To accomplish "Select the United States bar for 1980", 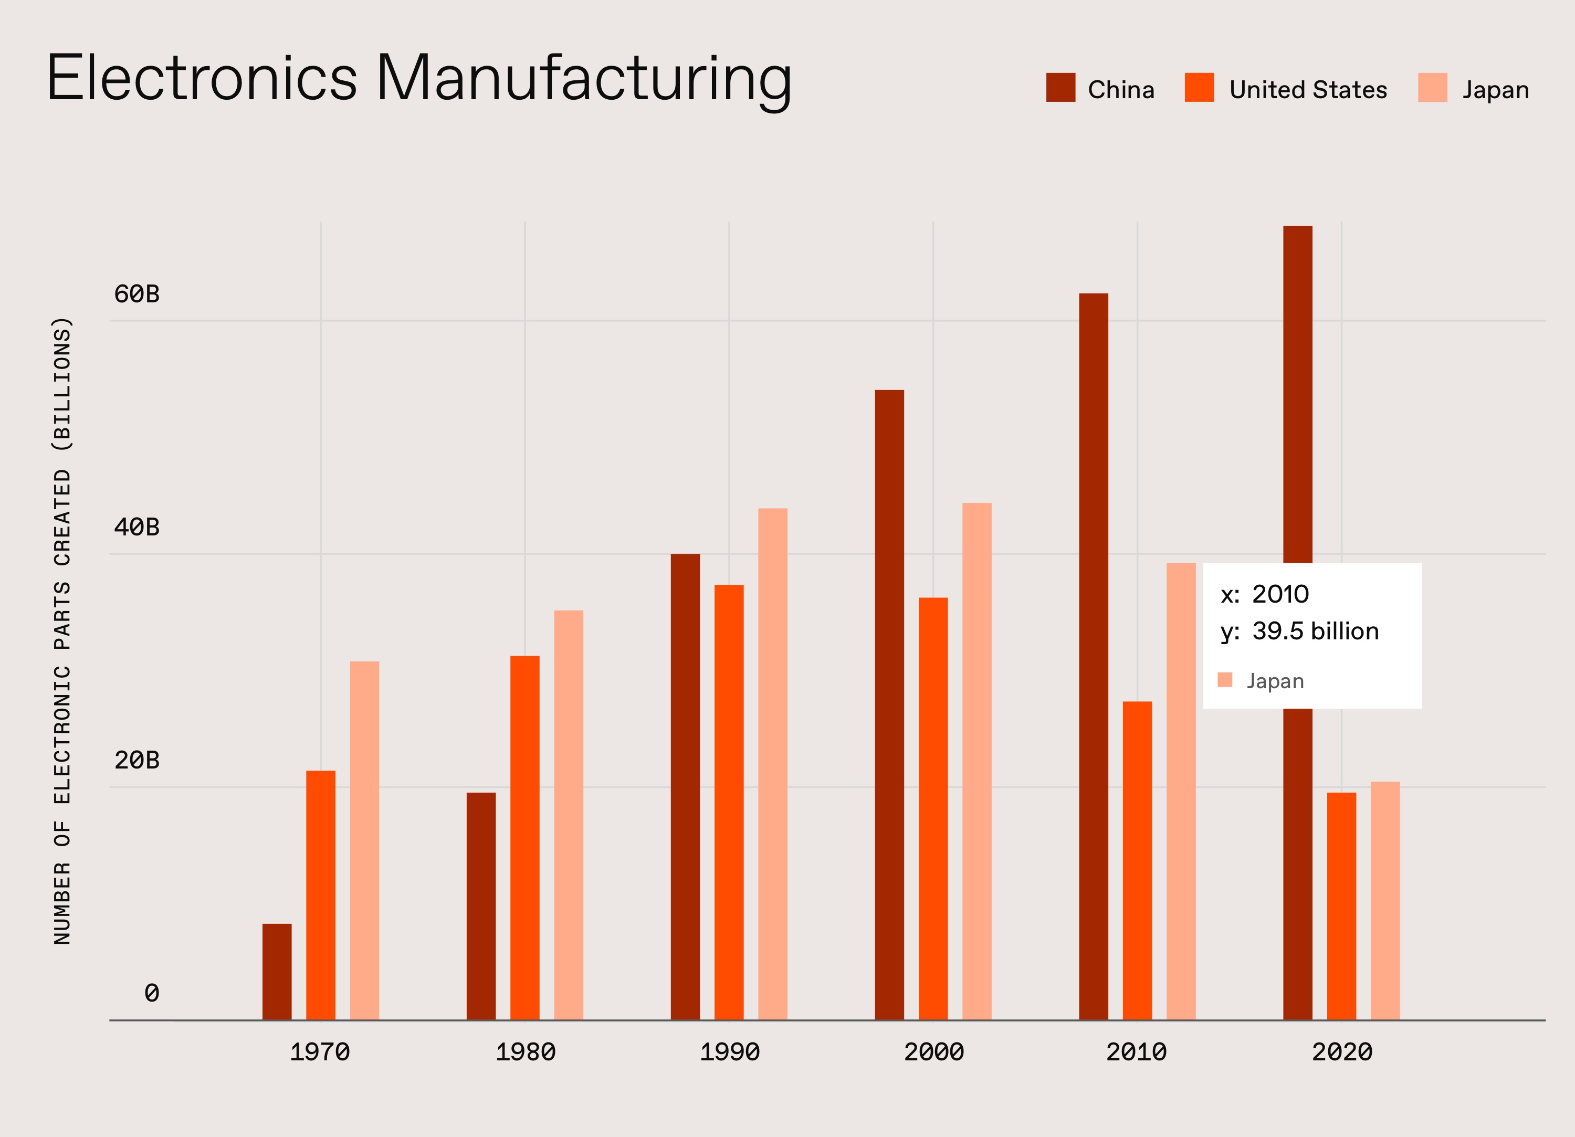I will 524,837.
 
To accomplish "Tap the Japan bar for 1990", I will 772,764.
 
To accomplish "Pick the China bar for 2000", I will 889,704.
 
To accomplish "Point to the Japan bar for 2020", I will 1385,900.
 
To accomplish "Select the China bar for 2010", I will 1093,656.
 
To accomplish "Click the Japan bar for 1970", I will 364,840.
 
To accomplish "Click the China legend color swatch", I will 1060,88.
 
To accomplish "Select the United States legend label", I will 1308,90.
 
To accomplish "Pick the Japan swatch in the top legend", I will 1432,88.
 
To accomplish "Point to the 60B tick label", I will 137,294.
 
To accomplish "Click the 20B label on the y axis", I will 137,760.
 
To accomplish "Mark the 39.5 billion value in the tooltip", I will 1315,630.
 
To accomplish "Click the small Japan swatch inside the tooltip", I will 1225,680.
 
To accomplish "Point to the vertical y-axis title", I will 62,630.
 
